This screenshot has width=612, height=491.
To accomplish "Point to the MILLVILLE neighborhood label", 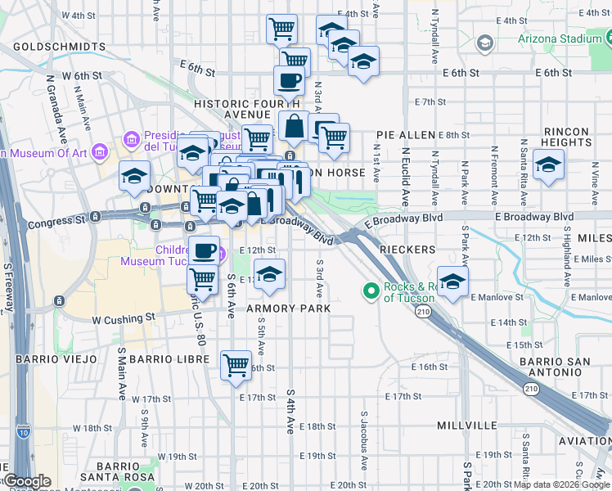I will pos(467,426).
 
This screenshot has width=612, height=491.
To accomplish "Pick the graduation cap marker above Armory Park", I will pos(269,274).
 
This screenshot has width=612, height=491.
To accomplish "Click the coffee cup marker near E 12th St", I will pos(204,250).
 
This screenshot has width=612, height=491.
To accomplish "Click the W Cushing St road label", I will pos(123,317).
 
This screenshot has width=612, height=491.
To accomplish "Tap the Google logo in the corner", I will pos(27,481).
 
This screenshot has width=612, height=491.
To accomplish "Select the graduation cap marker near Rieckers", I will pos(452,282).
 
